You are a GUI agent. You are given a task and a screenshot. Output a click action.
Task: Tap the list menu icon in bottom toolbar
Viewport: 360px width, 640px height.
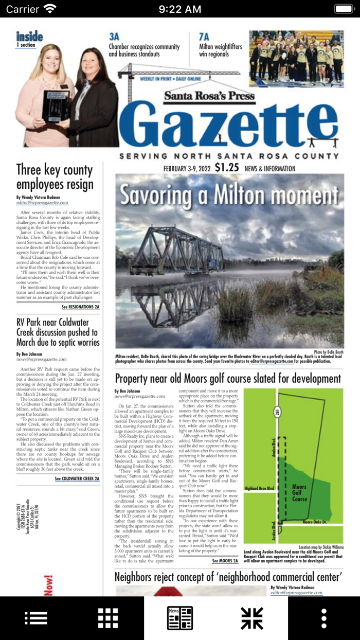coord(36,618)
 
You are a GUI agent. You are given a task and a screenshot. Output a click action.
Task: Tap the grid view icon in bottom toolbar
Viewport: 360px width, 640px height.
coord(108,618)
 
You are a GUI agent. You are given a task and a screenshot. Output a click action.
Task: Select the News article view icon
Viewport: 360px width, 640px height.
coord(180,618)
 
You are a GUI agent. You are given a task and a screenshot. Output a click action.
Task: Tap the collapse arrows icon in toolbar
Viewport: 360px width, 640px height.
coord(252,618)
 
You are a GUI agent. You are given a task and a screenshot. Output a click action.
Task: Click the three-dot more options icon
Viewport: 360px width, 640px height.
coord(324,618)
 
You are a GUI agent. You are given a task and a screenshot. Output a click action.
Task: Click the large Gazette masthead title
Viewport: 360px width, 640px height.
coord(233,124)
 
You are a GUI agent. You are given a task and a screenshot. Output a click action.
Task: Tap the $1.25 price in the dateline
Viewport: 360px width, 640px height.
coord(227,168)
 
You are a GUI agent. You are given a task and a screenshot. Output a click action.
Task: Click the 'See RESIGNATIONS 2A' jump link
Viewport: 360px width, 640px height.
coord(80,307)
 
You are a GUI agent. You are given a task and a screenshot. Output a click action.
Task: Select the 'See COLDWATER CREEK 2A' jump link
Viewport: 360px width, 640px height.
coord(77,479)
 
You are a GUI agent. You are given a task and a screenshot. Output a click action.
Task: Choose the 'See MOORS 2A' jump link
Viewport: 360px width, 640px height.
coord(225,561)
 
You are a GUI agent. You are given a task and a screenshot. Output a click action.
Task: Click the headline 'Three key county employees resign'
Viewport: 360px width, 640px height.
coord(55,177)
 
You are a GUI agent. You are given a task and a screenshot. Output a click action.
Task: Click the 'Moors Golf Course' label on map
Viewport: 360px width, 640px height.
coord(299,493)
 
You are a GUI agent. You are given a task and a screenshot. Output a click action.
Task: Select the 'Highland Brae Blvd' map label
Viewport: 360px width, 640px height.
coord(259,488)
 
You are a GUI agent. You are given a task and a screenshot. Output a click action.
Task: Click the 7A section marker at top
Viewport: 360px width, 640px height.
coord(204,37)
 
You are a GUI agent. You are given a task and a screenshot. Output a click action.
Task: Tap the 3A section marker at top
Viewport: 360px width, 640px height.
coord(114,37)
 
